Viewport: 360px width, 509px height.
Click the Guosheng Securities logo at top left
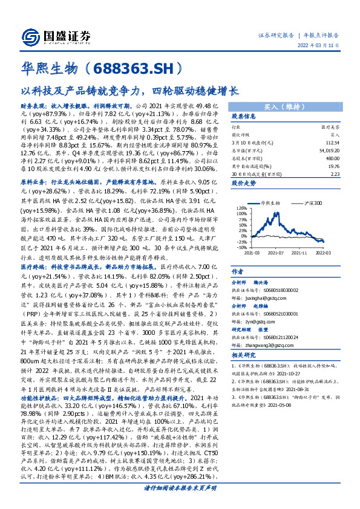coord(54,35)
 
